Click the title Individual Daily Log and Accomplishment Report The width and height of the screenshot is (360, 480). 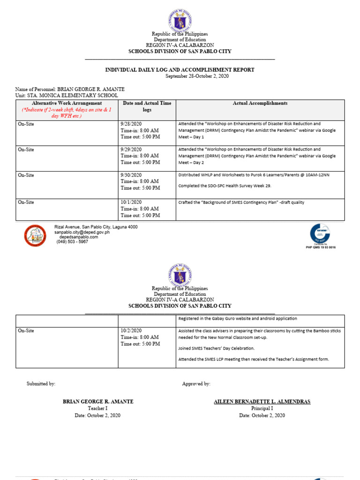[x=180, y=70]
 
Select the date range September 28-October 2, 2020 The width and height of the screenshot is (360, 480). [x=180, y=76]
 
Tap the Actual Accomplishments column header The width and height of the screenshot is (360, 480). [x=260, y=103]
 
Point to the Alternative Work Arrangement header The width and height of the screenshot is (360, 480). [x=67, y=103]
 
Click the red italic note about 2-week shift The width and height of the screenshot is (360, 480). [x=67, y=112]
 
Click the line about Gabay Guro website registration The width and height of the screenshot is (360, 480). [x=237, y=319]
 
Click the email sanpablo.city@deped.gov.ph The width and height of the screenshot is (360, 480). [x=82, y=232]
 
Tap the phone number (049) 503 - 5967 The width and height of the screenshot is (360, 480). [x=72, y=242]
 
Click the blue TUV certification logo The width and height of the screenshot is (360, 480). [x=320, y=233]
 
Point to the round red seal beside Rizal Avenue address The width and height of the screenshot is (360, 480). [x=35, y=235]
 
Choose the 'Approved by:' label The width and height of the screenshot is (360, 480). [x=196, y=383]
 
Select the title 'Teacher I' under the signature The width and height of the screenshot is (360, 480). [x=98, y=408]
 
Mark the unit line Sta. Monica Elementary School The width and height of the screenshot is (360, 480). [x=67, y=95]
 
